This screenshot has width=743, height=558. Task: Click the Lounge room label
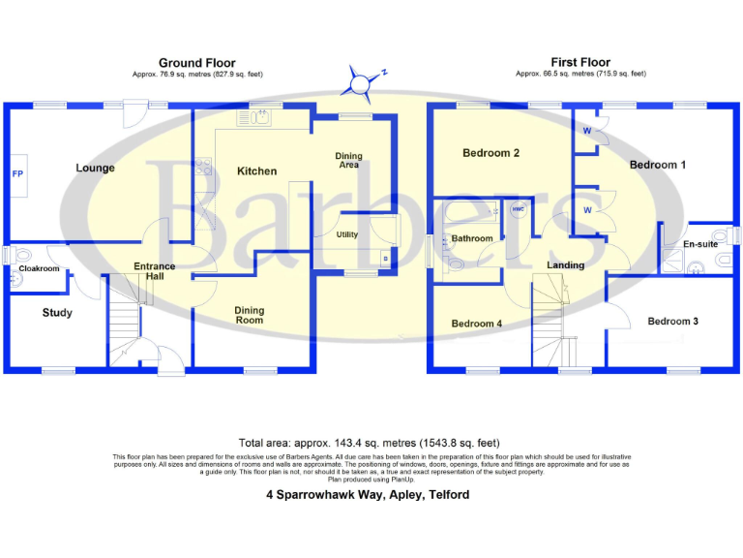[95, 169]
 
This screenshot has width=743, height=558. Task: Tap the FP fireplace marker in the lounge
[17, 174]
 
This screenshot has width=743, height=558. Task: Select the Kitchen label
[256, 171]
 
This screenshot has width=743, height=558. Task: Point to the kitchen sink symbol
[258, 118]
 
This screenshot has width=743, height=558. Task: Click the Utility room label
[347, 234]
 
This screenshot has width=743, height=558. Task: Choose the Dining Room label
[250, 315]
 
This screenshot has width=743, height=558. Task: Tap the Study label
[57, 313]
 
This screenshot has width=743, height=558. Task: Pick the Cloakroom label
[39, 268]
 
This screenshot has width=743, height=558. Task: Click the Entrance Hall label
[155, 271]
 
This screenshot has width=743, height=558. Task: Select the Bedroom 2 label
[491, 153]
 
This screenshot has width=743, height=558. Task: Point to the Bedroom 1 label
[658, 165]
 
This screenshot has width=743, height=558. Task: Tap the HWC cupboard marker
[517, 207]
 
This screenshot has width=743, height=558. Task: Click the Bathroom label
[472, 238]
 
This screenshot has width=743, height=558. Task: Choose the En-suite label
[700, 245]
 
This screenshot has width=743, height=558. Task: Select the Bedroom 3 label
[673, 322]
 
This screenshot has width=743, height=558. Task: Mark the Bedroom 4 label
[476, 324]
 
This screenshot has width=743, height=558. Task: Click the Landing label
[566, 265]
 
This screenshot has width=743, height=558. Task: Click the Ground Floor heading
[197, 63]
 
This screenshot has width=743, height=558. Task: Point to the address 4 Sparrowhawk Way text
[368, 494]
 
